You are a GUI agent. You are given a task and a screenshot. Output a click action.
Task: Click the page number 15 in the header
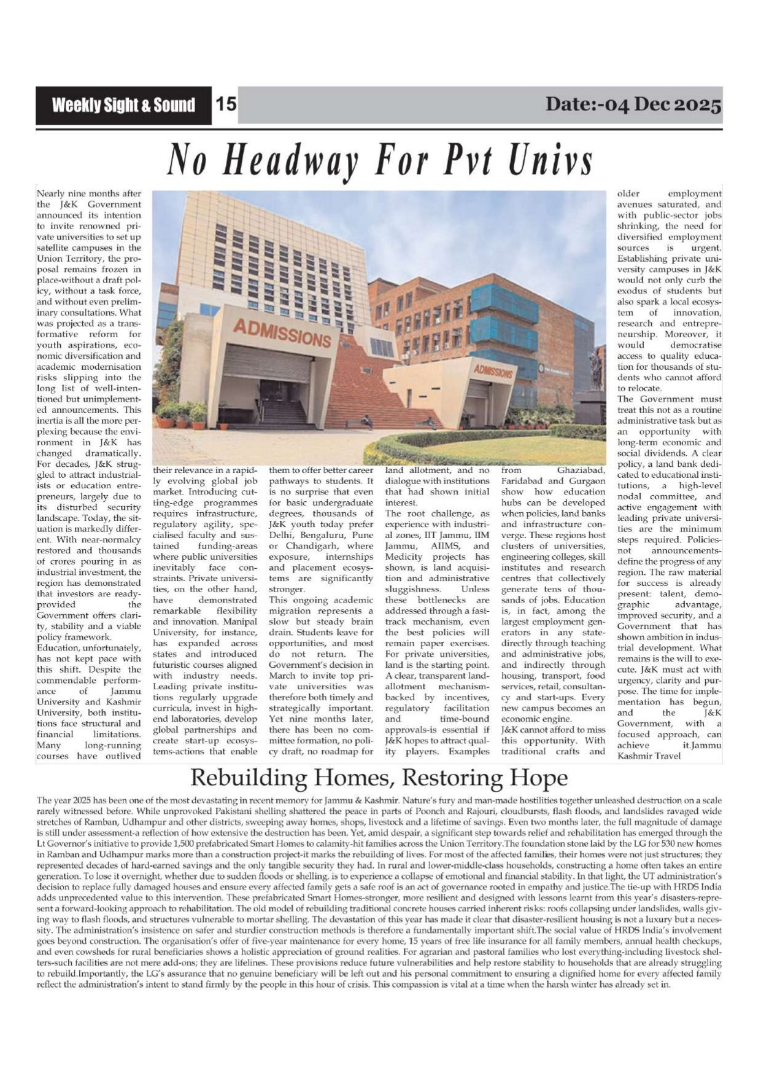click(x=226, y=104)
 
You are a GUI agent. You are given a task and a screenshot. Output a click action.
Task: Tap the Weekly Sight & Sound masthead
click(x=123, y=105)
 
